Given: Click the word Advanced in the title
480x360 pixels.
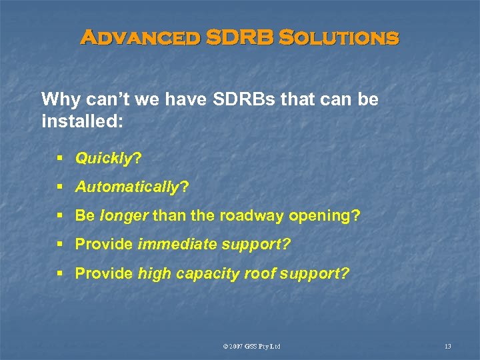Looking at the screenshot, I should [139, 38].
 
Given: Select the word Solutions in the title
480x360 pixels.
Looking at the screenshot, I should [339, 38].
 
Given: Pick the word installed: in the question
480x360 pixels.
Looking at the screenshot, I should [74, 122].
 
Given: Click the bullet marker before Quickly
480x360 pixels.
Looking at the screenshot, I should [60, 159].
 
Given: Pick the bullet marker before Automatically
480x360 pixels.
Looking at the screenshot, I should [60, 188].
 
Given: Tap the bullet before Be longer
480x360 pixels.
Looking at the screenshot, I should [60, 216].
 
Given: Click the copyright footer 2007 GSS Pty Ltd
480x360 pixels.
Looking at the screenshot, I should [253, 346].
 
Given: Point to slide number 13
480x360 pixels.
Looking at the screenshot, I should [447, 346].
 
